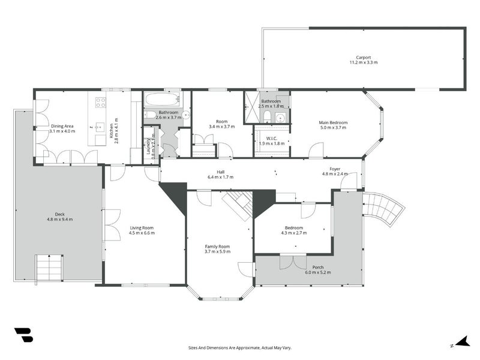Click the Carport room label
364,57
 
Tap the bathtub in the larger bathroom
162,100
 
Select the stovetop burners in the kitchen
100,103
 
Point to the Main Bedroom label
333,122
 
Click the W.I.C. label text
272,139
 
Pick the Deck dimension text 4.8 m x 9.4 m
59,219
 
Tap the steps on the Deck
49,268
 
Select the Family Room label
217,247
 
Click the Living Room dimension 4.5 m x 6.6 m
142,233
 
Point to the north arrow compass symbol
462,342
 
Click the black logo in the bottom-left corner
23,335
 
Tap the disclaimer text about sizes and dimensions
239,348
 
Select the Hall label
221,172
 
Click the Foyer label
335,169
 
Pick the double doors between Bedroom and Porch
293,262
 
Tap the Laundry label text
148,146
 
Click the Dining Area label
62,126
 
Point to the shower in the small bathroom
253,107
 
